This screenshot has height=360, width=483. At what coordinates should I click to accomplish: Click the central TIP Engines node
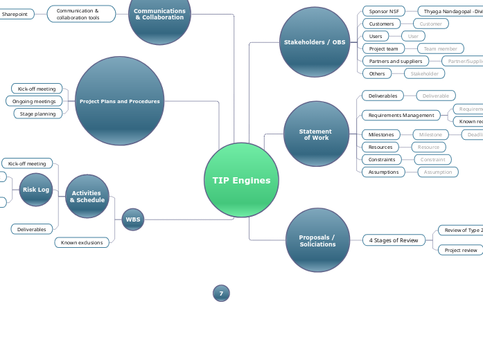(241, 180)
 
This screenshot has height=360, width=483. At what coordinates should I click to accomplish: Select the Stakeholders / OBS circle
(315, 42)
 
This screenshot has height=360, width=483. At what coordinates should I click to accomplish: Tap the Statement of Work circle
(316, 134)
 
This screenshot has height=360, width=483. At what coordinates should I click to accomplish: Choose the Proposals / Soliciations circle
(317, 240)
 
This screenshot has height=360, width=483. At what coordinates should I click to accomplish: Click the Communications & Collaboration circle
(159, 15)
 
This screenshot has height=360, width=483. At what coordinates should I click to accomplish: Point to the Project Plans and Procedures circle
(119, 101)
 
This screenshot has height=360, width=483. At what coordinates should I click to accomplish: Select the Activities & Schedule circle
(87, 197)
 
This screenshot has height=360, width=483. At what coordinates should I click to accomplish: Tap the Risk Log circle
(36, 190)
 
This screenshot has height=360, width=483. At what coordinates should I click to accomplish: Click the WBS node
(132, 219)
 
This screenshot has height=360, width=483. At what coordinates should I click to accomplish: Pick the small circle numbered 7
(221, 294)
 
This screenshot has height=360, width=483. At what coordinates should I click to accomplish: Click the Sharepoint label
(15, 14)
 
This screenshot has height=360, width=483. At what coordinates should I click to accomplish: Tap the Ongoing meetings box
(34, 101)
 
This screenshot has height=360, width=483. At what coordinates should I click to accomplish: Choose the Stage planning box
(38, 114)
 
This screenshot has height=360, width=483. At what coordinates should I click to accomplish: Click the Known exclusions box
(82, 242)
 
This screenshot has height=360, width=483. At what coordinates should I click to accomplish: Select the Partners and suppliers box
(395, 61)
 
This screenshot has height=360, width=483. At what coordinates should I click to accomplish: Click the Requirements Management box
(401, 115)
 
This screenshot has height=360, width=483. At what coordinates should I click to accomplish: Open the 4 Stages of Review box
(394, 240)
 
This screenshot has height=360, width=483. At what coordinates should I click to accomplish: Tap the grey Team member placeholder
(440, 48)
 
